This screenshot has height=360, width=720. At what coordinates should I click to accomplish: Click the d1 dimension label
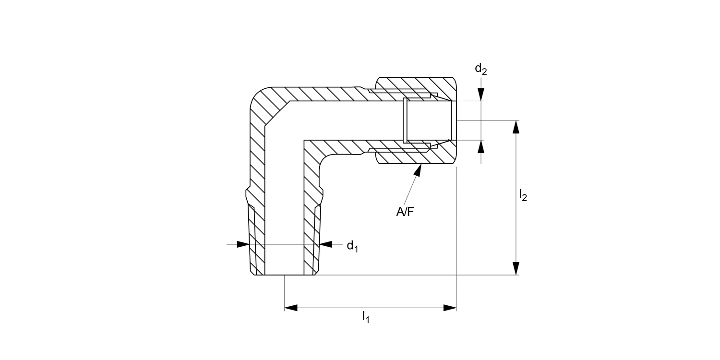352,246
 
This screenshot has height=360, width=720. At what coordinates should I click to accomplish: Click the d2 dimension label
480,70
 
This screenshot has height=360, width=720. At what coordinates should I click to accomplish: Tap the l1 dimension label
365,317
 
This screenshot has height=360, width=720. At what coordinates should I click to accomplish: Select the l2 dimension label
523,195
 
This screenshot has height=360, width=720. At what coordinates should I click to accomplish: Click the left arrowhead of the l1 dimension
291,308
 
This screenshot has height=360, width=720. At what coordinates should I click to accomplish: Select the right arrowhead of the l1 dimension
449,308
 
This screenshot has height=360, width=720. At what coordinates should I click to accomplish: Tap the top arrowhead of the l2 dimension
516,127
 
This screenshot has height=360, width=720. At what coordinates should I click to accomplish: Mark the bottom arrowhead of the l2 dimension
516,269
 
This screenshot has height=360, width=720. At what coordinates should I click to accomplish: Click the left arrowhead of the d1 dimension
243,244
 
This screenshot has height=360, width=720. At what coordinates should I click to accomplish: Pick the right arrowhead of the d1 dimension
326,244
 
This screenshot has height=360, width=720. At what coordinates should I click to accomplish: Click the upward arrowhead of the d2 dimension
481,146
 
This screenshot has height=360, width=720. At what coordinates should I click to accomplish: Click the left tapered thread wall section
256,240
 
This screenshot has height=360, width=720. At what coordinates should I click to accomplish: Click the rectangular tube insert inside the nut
427,120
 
